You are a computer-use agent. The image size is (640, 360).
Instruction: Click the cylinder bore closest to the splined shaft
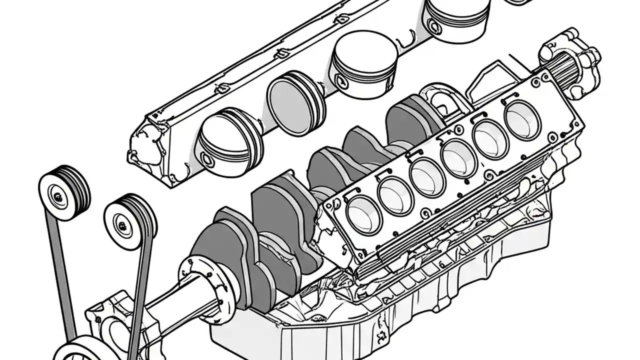522,120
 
